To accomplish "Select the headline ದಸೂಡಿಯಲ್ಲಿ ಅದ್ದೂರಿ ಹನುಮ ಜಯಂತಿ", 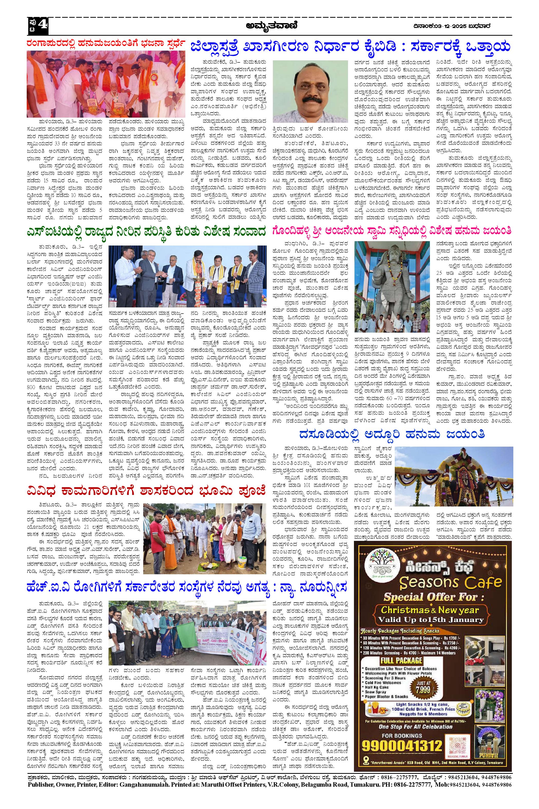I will point(392,435).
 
